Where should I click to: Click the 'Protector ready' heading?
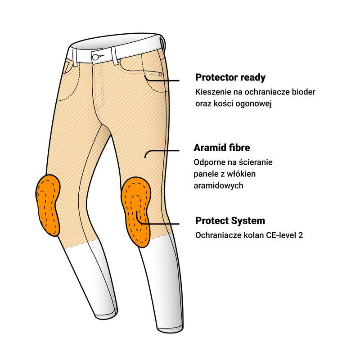[x=230, y=77]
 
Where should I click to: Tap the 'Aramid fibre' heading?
[x=222, y=148]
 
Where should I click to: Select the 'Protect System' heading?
[x=230, y=221]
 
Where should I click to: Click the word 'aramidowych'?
[x=218, y=185]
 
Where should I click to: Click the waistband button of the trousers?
[x=95, y=57]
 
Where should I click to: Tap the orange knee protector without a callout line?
[x=48, y=205]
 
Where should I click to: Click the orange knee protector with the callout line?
[x=136, y=211]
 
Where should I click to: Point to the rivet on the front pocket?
[x=160, y=74]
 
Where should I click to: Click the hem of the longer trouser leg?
[x=171, y=328]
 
